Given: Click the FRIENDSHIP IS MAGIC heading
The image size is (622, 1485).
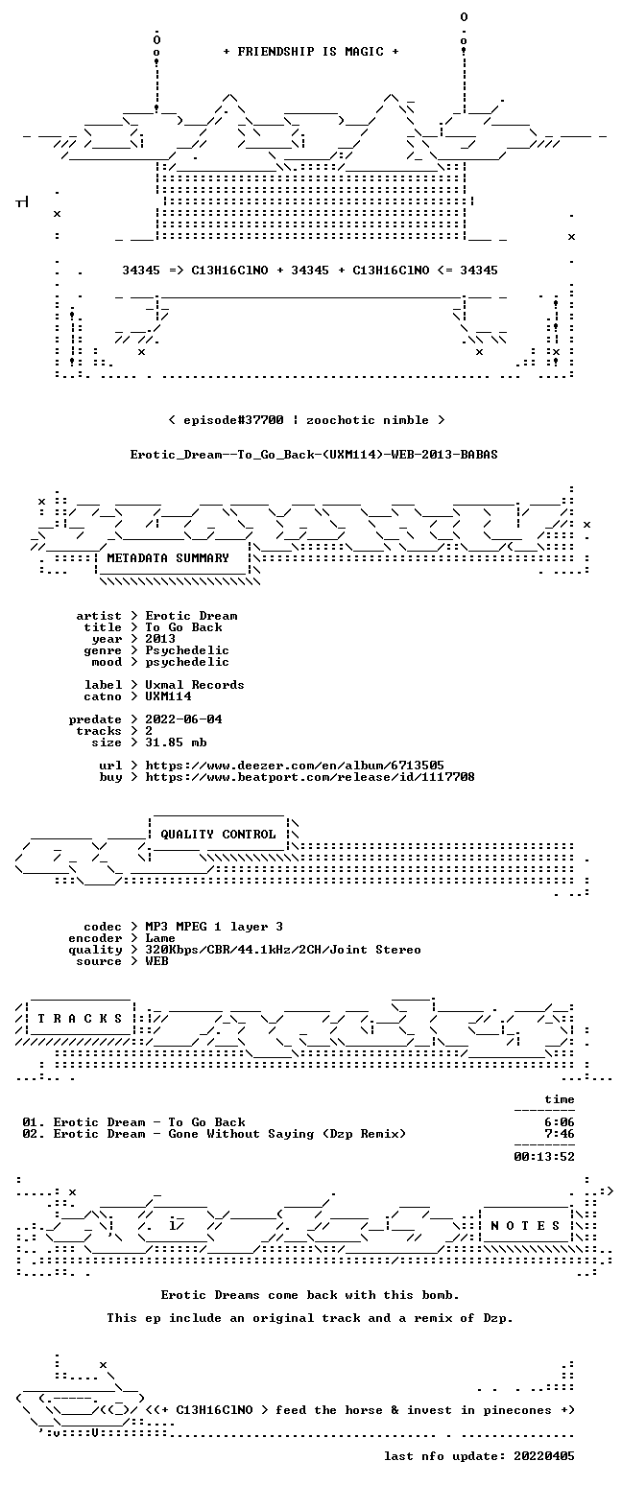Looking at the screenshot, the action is [311, 52].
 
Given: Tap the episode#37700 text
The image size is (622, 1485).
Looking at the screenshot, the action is [233, 420].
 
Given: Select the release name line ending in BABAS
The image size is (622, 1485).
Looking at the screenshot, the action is [314, 455].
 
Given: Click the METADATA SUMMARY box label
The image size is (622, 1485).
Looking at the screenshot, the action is [168, 558].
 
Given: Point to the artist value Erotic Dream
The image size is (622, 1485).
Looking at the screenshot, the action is [191, 616].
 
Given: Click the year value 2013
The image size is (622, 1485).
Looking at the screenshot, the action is [160, 639].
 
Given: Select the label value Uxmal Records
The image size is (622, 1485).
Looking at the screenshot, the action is [195, 685].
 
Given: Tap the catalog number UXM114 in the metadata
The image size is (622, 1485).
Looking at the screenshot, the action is [168, 696].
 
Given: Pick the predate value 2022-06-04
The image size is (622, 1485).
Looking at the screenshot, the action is [183, 719].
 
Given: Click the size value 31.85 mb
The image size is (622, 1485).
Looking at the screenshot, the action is [176, 742].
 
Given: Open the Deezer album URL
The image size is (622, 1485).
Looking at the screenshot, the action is [295, 766].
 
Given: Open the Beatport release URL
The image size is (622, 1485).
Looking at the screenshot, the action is [310, 777].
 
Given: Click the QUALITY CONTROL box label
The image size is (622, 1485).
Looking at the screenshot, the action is [218, 835].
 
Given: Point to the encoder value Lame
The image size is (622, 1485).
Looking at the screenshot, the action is [160, 938].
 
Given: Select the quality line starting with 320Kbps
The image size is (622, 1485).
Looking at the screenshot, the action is [283, 950].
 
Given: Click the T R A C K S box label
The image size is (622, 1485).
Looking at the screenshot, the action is [81, 1019].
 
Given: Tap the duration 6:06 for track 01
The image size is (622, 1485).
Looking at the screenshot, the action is [560, 1122].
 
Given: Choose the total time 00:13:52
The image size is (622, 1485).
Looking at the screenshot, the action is [544, 1157].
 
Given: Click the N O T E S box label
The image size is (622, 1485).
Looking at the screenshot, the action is [526, 1226].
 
